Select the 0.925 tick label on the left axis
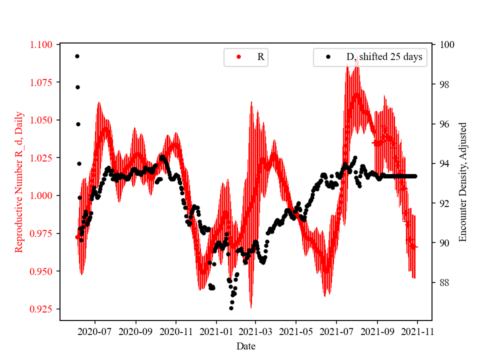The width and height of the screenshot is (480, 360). click(x=41, y=309)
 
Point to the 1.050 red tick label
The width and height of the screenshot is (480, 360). click(x=41, y=120)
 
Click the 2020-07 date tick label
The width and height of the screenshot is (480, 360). click(x=95, y=331)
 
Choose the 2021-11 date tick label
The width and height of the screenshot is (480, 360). click(x=417, y=331)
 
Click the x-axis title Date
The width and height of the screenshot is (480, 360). click(x=246, y=346)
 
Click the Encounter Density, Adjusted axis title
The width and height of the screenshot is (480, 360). click(x=462, y=182)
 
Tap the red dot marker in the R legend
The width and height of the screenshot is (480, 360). click(x=238, y=57)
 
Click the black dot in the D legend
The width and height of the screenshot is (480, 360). click(x=328, y=57)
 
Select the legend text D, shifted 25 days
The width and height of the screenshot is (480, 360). click(x=384, y=57)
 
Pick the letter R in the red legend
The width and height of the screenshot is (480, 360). click(x=260, y=57)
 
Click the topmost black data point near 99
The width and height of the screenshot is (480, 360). click(x=77, y=56)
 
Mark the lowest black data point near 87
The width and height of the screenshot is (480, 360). click(x=231, y=308)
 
